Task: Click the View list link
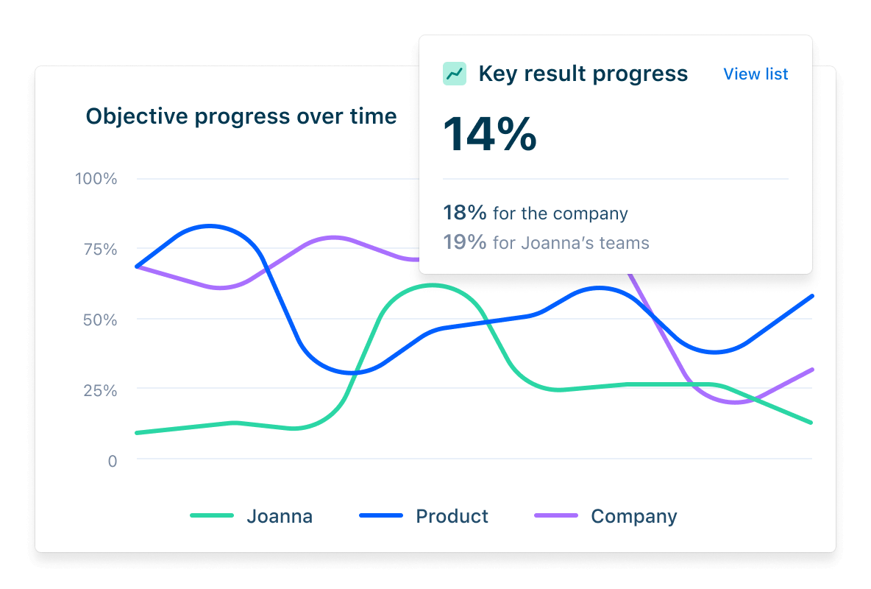756,74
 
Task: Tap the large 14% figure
490,134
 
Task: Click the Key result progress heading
583,74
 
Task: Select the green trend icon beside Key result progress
455,74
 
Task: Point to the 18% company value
464,214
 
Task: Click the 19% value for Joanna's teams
464,242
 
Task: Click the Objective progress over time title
241,116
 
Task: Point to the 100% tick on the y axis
96,179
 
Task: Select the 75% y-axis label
98,250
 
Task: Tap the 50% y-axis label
98,320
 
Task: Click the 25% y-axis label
98,390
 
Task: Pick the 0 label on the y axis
112,461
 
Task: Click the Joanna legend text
280,517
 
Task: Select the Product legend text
452,516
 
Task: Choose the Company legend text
633,516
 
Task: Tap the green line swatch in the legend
212,516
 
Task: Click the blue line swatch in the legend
381,516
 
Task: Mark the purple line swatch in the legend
556,516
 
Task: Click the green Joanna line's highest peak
433,285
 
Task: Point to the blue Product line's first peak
210,226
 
